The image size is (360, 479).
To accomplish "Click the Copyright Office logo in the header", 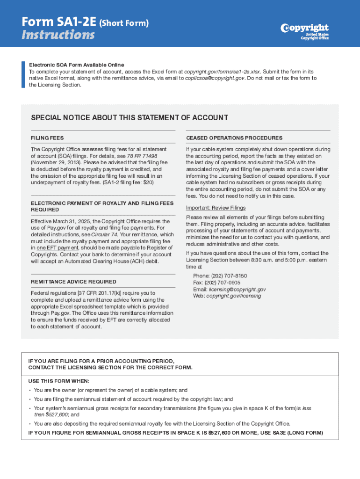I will (305, 31).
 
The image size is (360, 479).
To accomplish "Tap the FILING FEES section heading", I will (47, 138).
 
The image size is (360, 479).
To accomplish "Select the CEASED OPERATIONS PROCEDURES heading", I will (234, 138).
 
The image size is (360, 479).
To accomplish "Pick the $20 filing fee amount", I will (147, 182).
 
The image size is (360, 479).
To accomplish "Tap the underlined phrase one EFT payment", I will (58, 247).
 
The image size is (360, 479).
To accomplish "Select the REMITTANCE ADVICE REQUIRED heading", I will (73, 282).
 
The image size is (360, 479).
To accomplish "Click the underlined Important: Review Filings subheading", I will (216, 208).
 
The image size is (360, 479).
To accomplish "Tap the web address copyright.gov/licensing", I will (234, 296).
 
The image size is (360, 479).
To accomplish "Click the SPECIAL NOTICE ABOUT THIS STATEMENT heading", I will (130, 117).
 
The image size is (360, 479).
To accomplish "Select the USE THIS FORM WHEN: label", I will (59, 381).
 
